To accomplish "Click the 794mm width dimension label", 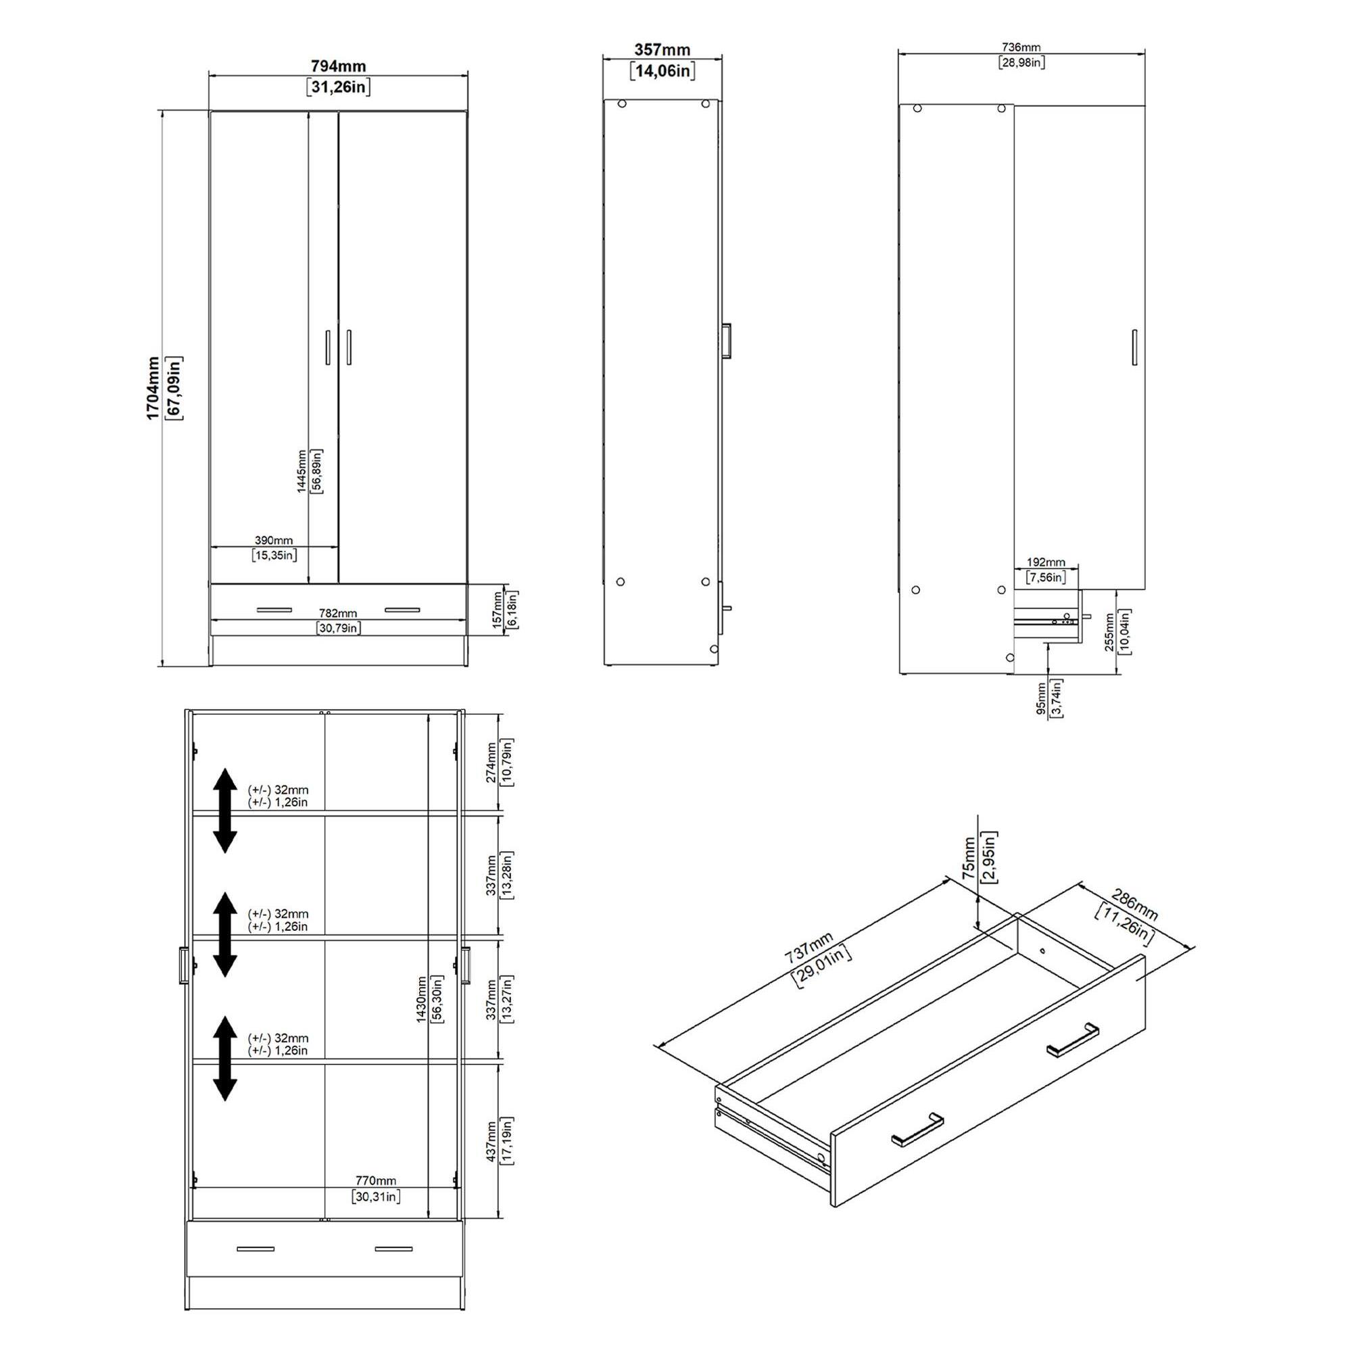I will coord(338,66).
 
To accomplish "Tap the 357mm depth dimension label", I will coord(662,49).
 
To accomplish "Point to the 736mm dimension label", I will coord(1021,47).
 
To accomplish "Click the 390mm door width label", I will coord(274,540).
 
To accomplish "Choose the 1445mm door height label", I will coord(301,472).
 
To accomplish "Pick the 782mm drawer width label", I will coord(338,614).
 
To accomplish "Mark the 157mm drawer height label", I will coord(497,609).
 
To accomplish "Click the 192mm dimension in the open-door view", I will coord(1046,562).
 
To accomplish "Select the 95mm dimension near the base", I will coord(1041,699).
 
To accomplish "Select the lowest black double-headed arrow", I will coord(224,1058).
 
